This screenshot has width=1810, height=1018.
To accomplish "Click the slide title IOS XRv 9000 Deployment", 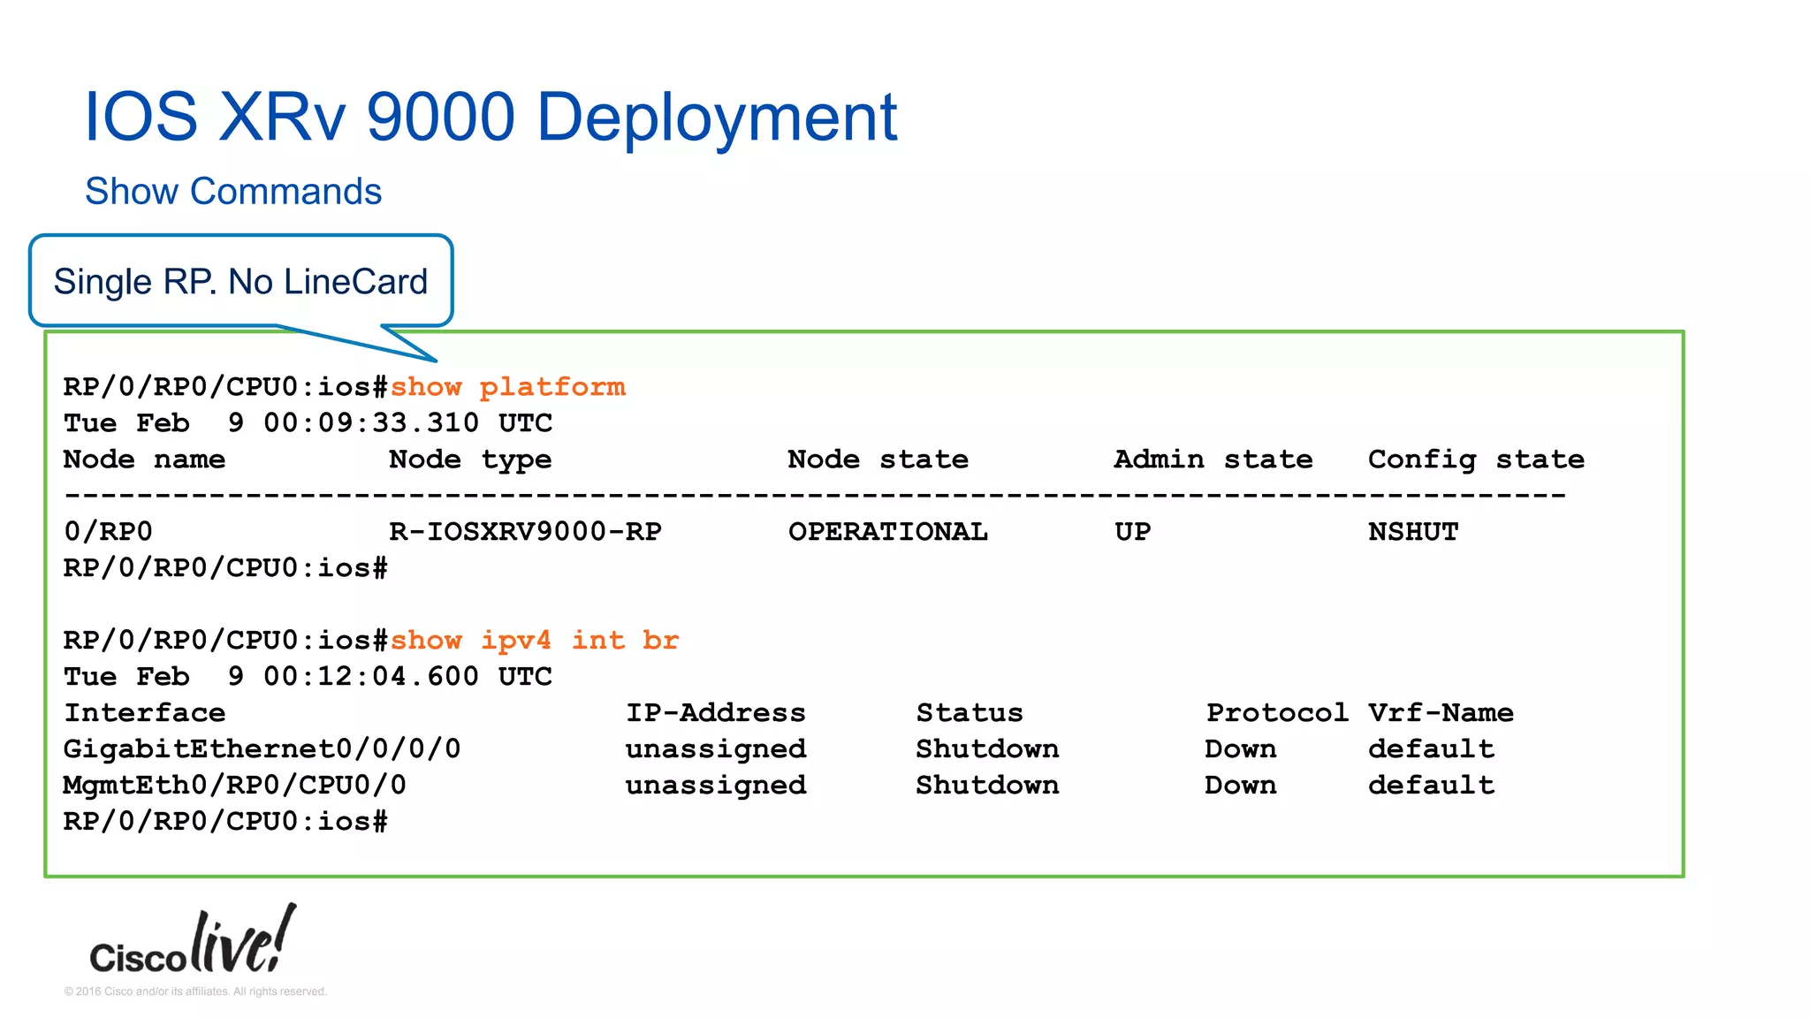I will [491, 117].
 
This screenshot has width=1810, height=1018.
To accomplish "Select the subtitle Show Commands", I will [233, 192].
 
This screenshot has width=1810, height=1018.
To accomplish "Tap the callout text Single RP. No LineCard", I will [240, 282].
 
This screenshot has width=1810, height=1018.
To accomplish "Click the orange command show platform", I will [508, 387].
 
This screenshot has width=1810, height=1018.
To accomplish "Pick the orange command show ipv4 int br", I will [535, 641].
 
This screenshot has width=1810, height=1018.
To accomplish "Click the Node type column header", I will [470, 460].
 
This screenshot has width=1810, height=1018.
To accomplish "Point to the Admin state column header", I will [1213, 460].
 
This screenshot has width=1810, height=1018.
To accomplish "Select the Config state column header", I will [1476, 460].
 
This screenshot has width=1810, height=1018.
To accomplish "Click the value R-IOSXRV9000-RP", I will [525, 532].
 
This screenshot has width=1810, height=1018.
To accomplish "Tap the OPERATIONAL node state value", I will [887, 532].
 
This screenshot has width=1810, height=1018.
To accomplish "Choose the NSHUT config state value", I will [1412, 532].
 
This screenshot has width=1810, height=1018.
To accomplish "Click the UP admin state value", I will [1132, 532].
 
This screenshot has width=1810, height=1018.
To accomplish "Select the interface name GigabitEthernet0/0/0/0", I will [262, 749].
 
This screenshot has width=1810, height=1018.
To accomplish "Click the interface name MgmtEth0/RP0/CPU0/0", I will [234, 786].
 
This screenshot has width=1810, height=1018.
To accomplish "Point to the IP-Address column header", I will [715, 713].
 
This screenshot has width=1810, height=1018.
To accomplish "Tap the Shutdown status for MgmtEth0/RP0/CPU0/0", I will [986, 786].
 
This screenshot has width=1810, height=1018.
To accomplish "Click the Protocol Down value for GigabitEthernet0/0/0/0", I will [1240, 749].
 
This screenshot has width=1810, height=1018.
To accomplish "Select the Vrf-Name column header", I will [1441, 713].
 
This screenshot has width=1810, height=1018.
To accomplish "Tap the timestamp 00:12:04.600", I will [371, 677].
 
